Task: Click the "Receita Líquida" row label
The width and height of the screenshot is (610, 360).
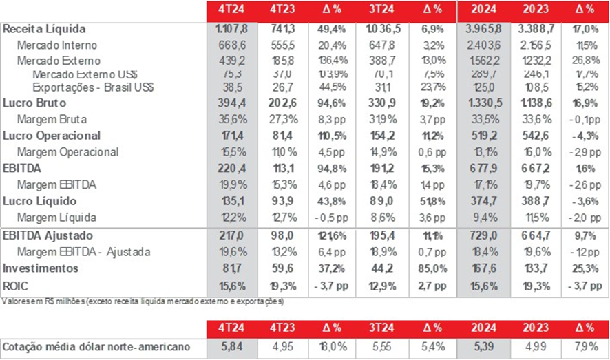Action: [45, 30]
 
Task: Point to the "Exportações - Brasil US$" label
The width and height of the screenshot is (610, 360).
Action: [92, 88]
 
